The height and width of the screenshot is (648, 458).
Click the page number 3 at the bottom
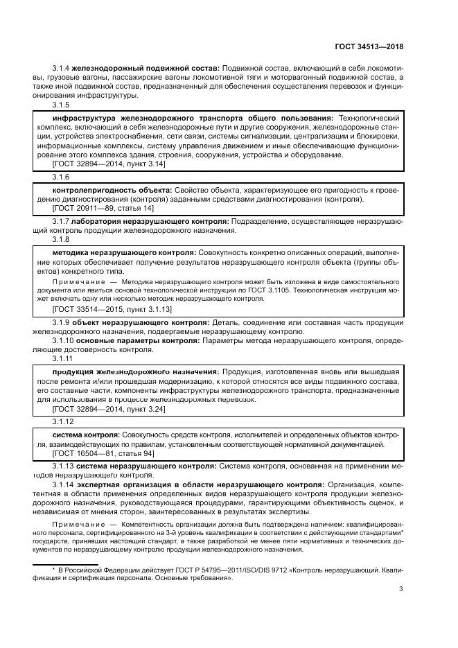[x=401, y=589]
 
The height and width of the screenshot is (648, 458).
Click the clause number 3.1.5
[x=61, y=105]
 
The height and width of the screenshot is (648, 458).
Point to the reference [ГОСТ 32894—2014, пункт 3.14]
[x=109, y=164]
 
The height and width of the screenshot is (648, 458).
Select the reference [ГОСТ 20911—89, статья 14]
[x=103, y=208]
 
